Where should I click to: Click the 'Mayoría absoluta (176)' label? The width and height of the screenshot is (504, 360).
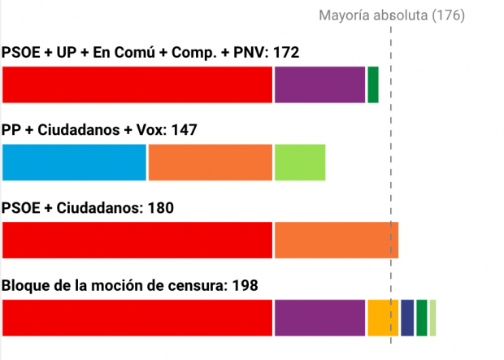[x=391, y=15]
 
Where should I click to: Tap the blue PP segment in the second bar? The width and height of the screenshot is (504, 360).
[x=75, y=163]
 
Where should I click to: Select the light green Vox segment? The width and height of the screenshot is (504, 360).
[x=300, y=163]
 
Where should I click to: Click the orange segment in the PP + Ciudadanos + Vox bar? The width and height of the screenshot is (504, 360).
[x=210, y=163]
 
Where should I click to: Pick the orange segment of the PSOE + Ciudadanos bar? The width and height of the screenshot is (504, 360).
[x=336, y=240]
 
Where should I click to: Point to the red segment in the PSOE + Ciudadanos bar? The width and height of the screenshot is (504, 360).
[x=137, y=240]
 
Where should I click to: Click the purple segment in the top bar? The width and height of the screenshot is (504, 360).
[x=319, y=85]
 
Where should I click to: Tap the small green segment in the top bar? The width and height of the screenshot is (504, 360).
[x=373, y=85]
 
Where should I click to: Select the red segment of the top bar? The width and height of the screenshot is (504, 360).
[x=137, y=85]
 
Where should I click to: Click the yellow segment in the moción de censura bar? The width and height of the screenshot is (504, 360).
[x=382, y=318]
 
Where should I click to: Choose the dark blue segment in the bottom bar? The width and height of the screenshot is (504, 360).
[x=407, y=318]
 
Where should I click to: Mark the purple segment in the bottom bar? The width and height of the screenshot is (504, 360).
[x=319, y=318]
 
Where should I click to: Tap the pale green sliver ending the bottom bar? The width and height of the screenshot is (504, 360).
[x=432, y=318]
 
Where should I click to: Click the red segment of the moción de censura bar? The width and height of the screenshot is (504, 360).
[x=137, y=318]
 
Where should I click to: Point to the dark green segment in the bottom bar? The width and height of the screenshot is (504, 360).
[x=421, y=318]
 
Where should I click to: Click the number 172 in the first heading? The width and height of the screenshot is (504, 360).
[x=285, y=54]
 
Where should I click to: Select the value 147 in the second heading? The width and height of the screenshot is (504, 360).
[x=183, y=131]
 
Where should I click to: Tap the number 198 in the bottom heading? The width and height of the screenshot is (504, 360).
[x=245, y=286]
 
